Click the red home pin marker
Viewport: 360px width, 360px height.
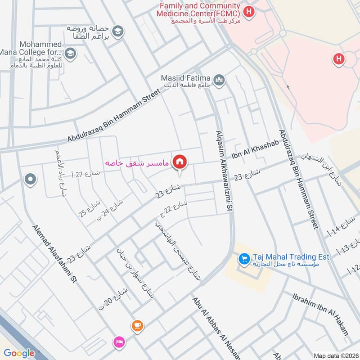coord(180,162)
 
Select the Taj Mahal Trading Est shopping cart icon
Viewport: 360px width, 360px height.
coord(244,259)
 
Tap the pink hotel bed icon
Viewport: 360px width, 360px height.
coord(119,342)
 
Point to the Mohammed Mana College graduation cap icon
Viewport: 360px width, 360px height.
coord(71,54)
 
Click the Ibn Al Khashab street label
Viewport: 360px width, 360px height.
coord(256,150)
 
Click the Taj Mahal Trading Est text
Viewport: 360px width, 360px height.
coord(291,256)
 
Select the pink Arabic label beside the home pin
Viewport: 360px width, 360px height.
coord(137,162)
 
